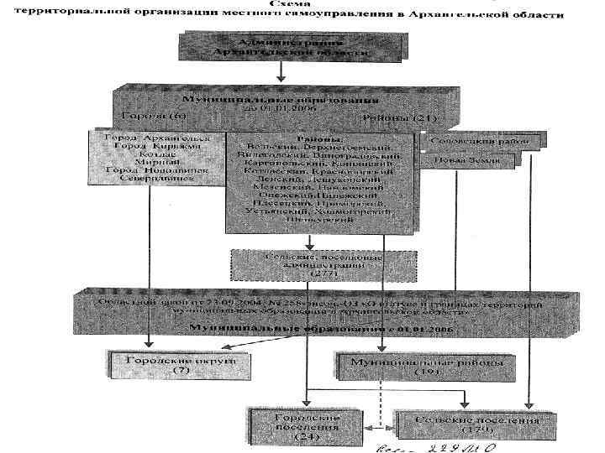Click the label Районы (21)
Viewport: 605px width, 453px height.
[x=392, y=118]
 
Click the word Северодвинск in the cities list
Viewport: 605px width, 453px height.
[x=152, y=177]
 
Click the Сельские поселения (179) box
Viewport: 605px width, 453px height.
[x=468, y=423]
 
